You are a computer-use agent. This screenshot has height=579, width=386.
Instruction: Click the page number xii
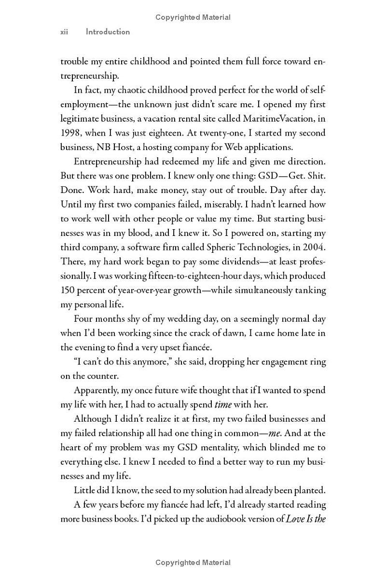(64, 32)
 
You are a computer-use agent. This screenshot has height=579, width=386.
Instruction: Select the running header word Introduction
(108, 32)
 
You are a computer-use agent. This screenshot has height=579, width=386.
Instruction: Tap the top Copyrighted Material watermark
(193, 17)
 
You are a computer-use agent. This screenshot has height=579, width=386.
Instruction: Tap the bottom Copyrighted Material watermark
(193, 563)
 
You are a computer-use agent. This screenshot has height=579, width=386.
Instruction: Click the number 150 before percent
(69, 290)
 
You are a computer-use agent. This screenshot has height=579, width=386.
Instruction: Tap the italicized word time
(223, 404)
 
